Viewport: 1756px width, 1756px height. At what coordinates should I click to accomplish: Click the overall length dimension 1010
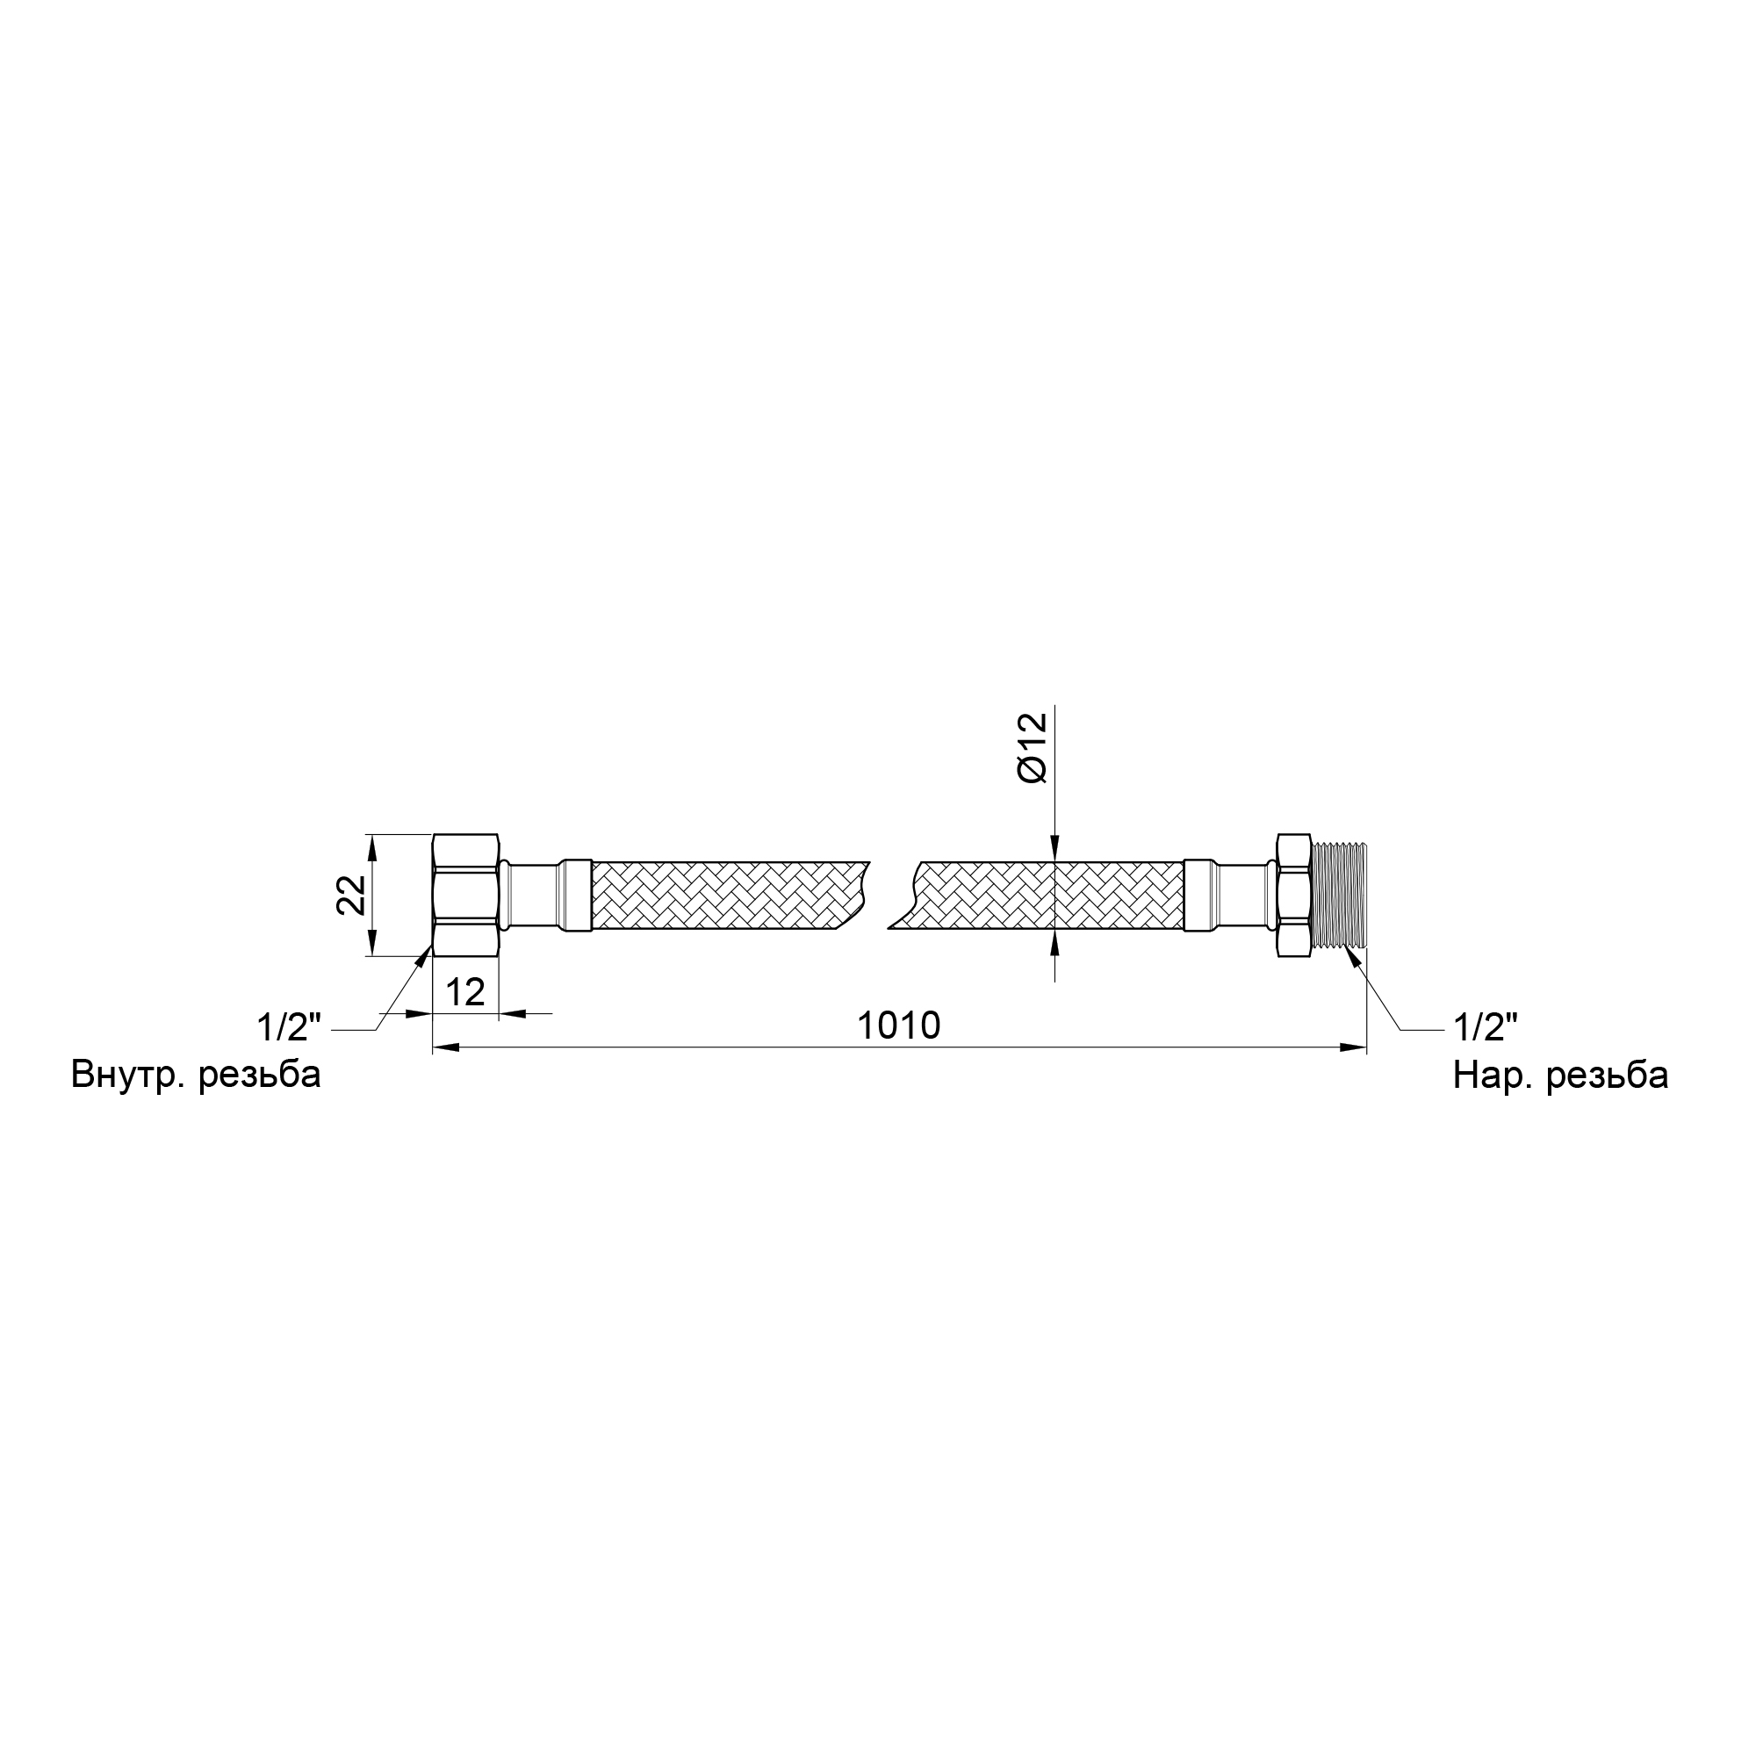point(899,1026)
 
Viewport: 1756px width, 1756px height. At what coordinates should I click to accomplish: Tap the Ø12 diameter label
point(1033,747)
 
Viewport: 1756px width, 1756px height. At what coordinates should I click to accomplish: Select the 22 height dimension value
point(352,895)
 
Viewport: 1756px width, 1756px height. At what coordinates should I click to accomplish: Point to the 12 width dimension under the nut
point(465,991)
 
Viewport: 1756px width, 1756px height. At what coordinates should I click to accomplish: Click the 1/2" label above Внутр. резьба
point(289,1028)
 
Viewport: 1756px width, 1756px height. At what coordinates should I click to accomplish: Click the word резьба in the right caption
point(1607,1076)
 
